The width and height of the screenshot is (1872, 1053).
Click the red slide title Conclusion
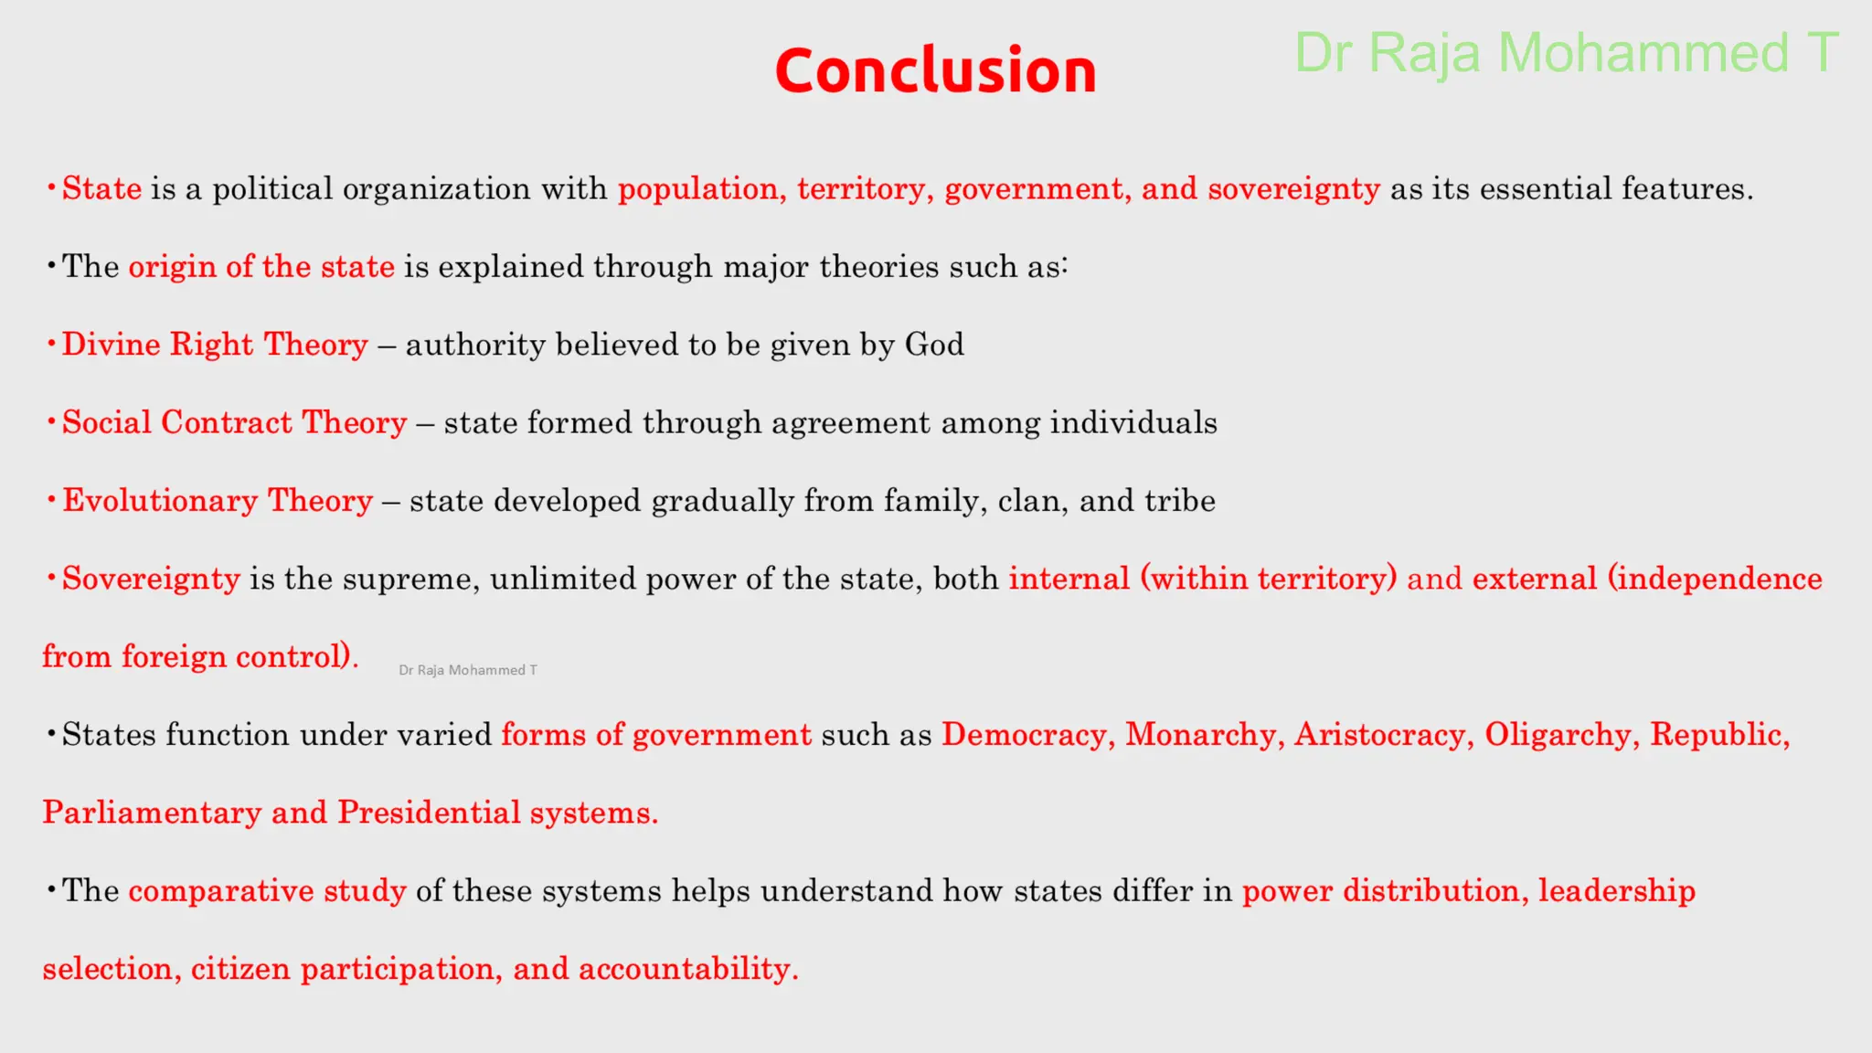click(x=935, y=70)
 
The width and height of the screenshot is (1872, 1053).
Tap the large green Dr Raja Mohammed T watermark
click(x=1566, y=53)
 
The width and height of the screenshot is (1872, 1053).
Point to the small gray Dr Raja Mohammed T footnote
click(x=468, y=670)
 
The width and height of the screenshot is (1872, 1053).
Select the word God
click(x=934, y=345)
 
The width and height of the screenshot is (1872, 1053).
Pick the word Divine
click(x=111, y=345)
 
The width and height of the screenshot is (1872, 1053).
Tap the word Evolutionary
click(x=160, y=501)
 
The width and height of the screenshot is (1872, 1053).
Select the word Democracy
click(x=1024, y=735)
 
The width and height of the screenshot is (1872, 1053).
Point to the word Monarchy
click(x=1200, y=735)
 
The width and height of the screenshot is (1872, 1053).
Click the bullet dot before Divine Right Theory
click(x=51, y=344)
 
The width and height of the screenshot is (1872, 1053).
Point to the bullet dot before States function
click(x=51, y=734)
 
